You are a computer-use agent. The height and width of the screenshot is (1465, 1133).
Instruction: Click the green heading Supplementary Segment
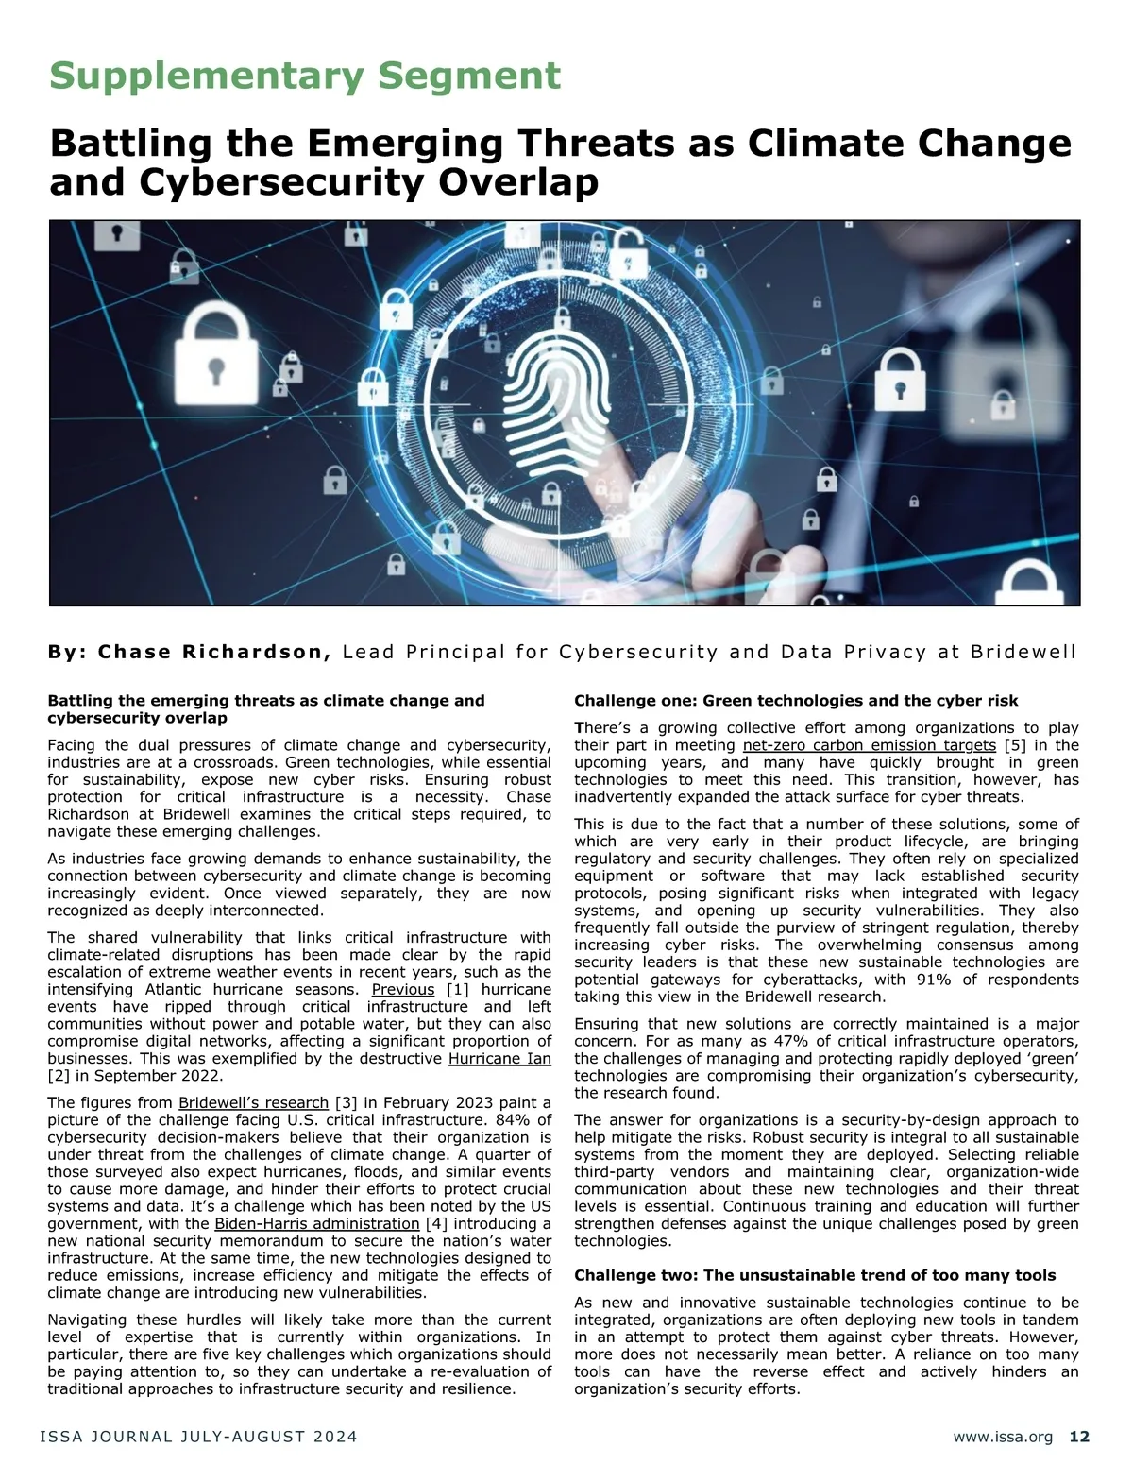(305, 76)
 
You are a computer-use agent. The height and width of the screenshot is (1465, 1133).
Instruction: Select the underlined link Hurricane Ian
(499, 1058)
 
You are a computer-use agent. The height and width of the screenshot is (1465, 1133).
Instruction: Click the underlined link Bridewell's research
(253, 1102)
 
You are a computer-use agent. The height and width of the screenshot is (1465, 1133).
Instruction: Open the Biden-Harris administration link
(317, 1223)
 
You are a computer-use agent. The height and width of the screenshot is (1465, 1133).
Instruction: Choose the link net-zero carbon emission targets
(870, 745)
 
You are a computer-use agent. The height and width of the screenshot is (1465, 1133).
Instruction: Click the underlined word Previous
(403, 989)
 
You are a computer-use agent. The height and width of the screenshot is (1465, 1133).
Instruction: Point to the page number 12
(1079, 1437)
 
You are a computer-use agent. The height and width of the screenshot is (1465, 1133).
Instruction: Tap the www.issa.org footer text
(1003, 1437)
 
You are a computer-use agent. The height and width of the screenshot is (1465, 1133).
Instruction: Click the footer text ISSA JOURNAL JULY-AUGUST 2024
(198, 1437)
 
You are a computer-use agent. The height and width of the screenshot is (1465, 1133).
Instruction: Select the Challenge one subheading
(796, 701)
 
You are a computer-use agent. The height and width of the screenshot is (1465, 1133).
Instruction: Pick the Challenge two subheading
(815, 1275)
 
